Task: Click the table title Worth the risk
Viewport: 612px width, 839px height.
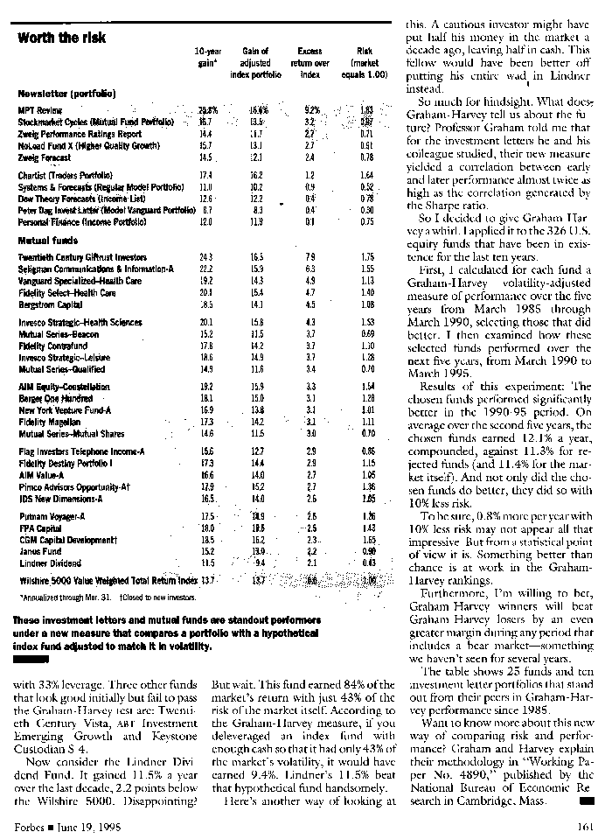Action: (62, 38)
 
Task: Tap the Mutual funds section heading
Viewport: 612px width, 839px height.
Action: (45, 239)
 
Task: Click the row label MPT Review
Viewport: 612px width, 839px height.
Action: (40, 110)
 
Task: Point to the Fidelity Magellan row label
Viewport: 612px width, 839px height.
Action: (49, 422)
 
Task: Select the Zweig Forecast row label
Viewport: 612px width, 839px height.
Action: (45, 157)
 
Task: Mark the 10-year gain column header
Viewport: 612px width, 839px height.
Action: (207, 58)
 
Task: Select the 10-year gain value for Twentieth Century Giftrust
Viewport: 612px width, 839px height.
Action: (206, 257)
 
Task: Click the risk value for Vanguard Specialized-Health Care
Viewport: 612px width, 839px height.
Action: (366, 281)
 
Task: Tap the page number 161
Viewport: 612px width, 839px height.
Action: (585, 826)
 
